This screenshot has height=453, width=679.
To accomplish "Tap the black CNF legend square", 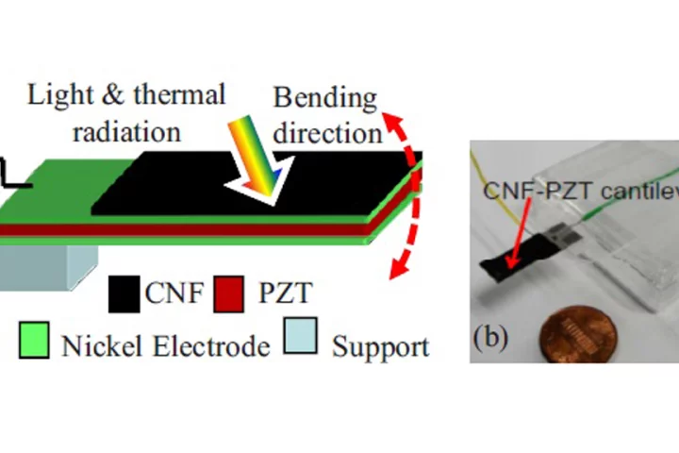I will [x=124, y=294].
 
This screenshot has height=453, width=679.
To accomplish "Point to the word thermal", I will [x=179, y=95].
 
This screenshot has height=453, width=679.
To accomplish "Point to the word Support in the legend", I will [x=380, y=346].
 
